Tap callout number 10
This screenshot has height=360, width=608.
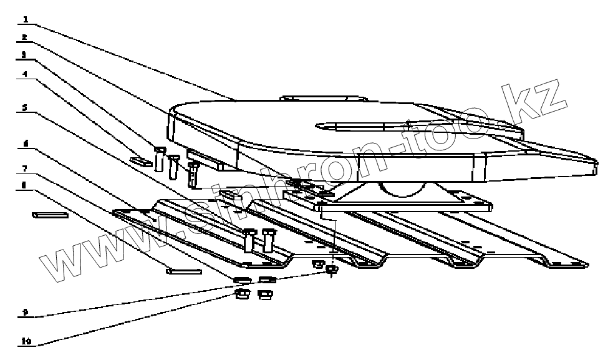26,341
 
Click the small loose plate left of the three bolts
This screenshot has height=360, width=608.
140,160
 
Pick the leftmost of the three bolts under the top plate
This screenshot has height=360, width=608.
160,158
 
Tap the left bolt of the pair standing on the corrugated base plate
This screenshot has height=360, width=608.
249,240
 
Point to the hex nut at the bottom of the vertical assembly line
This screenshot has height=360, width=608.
332,269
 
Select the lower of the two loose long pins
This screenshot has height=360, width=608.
183,271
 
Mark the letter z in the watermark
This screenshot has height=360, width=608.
549,100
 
